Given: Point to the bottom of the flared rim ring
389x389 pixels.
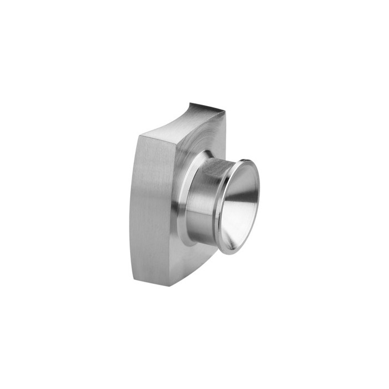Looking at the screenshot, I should (228, 252).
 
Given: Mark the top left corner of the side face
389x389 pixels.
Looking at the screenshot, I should (138, 135).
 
